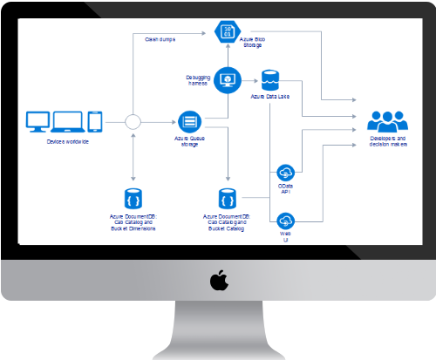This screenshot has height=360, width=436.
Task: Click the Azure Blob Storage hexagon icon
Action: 227,33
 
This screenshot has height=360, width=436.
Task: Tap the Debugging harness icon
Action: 227,80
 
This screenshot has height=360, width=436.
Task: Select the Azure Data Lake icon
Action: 269,77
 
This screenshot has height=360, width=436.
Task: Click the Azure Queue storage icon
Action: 189,121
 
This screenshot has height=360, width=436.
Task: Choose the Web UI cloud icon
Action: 285,220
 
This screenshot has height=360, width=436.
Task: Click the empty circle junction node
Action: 133,121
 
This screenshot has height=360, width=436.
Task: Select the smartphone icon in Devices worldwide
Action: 95,121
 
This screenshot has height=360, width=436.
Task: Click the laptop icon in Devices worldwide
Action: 69,122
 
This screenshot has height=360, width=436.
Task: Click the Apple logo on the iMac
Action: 217,281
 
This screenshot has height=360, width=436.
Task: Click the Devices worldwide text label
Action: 67,141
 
